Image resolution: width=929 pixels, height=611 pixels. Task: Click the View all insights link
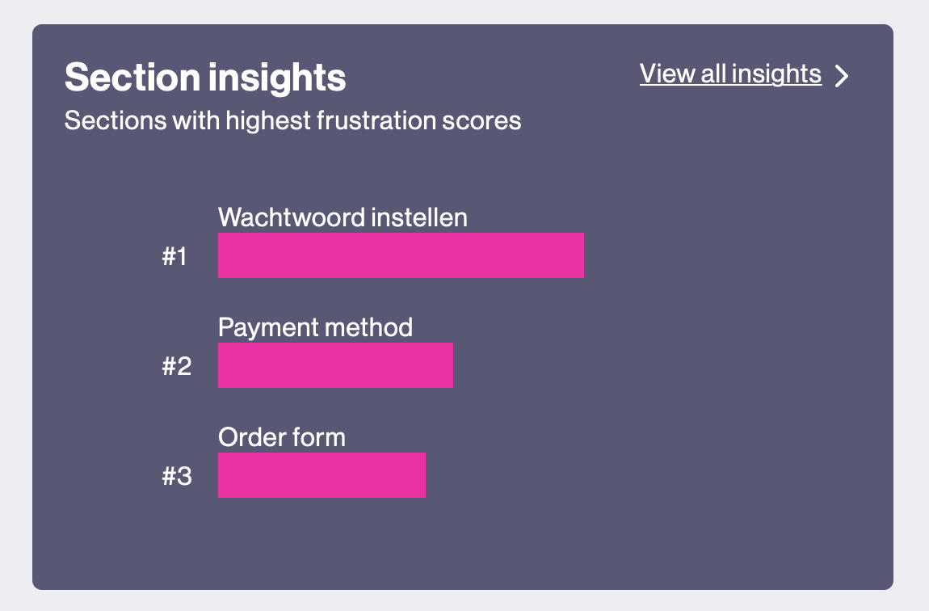click(x=730, y=74)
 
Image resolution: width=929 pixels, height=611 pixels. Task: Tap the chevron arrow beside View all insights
click(x=842, y=76)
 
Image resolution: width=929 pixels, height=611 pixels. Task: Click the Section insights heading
click(x=205, y=78)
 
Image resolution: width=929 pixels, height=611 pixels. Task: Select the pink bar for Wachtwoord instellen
click(x=401, y=255)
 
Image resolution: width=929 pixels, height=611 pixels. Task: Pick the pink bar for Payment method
click(x=335, y=365)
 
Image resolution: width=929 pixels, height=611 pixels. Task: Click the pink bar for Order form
click(x=322, y=475)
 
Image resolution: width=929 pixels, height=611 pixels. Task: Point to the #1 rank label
click(x=174, y=257)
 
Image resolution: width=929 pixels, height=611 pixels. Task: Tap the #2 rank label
click(x=177, y=366)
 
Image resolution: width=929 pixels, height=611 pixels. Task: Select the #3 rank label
click(x=177, y=476)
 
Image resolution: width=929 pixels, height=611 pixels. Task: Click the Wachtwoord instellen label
click(x=343, y=217)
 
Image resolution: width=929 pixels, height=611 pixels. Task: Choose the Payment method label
click(x=315, y=327)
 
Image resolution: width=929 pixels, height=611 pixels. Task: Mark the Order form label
click(x=281, y=437)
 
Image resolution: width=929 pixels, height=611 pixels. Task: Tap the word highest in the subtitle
click(x=268, y=121)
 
